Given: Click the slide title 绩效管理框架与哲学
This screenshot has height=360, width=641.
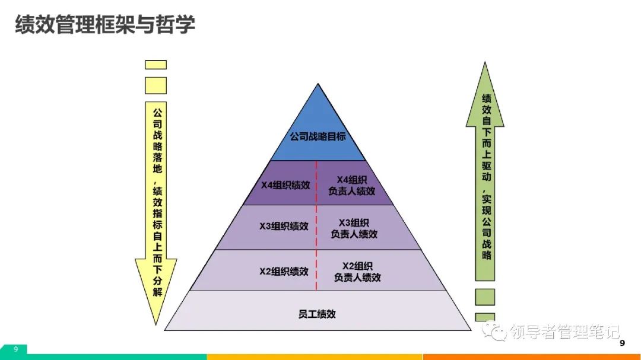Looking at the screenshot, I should tap(104, 26).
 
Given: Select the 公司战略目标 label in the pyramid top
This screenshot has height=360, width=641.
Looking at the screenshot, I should tap(318, 136).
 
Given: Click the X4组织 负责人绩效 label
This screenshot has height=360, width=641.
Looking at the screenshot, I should tap(352, 185).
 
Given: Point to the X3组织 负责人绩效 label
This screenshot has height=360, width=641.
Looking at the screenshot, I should tap(354, 228).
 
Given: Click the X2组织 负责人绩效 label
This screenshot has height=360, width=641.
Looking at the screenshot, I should tap(357, 271).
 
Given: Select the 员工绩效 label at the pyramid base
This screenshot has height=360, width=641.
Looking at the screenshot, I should tap(317, 313).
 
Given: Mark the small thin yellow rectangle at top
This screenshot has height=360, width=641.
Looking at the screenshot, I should tap(156, 65).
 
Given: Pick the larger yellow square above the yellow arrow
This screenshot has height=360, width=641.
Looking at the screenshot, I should tap(156, 85).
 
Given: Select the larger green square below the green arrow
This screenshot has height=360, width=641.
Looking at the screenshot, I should tap(484, 297).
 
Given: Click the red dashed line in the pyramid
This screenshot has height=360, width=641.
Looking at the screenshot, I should tap(316, 225).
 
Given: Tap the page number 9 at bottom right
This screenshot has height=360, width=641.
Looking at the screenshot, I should tap(622, 343).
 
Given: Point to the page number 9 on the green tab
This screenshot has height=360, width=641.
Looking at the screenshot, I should tap(16, 349).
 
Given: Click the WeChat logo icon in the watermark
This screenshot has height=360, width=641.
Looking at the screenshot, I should tap(494, 331).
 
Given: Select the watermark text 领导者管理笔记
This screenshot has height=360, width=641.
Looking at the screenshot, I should tap(564, 332).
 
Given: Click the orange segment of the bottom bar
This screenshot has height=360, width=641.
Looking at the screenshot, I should tap(531, 357).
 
